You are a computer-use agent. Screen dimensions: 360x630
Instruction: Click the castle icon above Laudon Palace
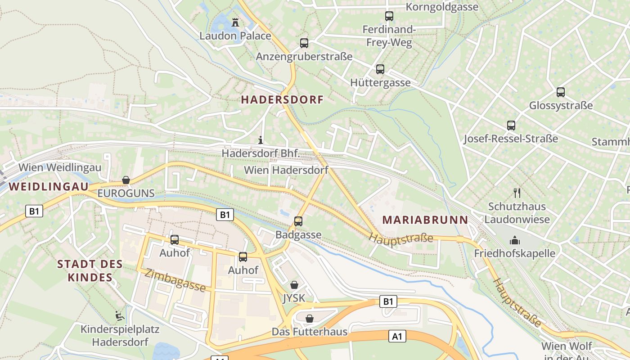235,22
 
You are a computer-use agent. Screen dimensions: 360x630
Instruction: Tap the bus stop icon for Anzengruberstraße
304,43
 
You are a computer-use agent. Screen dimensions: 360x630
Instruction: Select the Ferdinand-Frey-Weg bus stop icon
389,16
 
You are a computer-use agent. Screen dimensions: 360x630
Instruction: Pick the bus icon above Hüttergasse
380,69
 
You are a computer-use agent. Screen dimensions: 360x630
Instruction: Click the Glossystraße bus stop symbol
561,92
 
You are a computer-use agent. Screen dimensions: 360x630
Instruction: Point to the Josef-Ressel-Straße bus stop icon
511,126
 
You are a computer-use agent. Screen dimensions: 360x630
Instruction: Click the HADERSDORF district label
282,100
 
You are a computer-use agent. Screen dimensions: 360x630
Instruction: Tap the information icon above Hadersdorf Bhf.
261,140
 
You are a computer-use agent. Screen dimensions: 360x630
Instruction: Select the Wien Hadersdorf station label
286,170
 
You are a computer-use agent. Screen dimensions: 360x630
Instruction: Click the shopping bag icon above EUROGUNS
126,180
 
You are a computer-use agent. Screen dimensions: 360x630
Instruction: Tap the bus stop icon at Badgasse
298,221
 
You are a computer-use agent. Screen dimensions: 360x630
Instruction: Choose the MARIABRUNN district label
425,220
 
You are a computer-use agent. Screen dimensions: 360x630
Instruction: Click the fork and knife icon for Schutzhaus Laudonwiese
517,193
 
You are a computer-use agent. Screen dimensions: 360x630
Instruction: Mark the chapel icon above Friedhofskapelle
515,241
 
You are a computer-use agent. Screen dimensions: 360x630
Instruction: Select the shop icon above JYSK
294,285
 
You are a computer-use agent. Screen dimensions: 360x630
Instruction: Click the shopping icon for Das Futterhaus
310,319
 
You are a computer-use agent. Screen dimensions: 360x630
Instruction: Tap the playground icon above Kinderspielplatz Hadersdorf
120,316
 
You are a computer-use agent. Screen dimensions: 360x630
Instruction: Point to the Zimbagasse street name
175,280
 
